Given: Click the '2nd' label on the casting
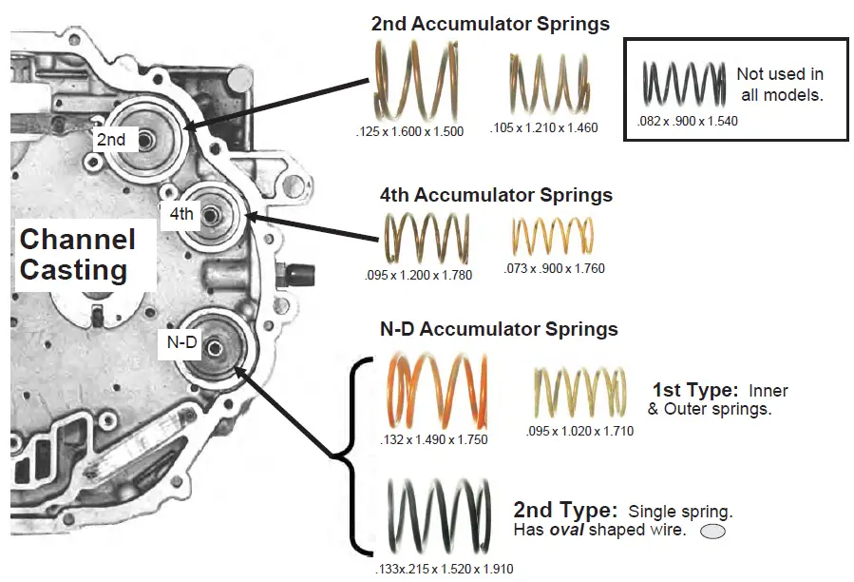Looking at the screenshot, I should [x=111, y=140].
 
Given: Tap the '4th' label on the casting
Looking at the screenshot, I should [x=180, y=213].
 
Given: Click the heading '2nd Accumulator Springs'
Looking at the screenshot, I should [x=490, y=23].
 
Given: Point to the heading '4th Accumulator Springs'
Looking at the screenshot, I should [x=496, y=195].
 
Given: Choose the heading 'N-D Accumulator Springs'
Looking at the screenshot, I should [x=499, y=330].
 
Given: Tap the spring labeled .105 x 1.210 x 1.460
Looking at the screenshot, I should [x=543, y=85].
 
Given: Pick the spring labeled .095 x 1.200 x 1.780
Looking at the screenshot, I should [x=427, y=238].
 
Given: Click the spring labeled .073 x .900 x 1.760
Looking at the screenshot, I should [x=553, y=238].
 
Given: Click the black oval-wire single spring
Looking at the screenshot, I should [x=440, y=518].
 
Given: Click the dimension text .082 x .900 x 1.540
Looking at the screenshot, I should [x=689, y=121].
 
